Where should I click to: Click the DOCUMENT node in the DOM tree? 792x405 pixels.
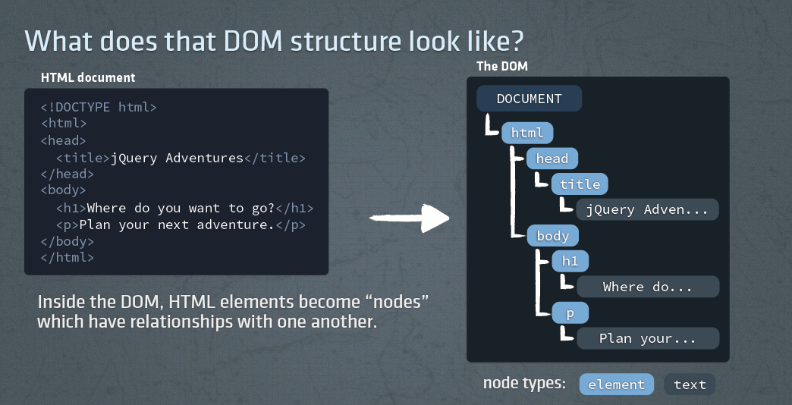(x=529, y=99)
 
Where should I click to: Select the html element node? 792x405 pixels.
(x=527, y=133)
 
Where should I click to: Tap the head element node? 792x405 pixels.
(x=552, y=159)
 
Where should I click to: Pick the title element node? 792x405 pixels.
(x=580, y=184)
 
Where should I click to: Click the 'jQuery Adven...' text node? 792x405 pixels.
(x=647, y=209)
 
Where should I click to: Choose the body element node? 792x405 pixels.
(x=552, y=236)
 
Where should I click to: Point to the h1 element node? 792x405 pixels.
(x=570, y=261)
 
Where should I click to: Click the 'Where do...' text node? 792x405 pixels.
(x=647, y=287)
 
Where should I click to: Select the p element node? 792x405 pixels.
(x=570, y=312)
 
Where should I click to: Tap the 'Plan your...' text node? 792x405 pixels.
(x=647, y=338)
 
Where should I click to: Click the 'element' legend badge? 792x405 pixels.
(x=616, y=385)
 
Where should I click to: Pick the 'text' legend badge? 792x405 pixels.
(x=690, y=385)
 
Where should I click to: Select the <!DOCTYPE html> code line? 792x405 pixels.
(x=99, y=107)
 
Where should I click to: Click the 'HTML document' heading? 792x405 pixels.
(x=88, y=77)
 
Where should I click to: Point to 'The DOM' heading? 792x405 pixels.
(x=501, y=66)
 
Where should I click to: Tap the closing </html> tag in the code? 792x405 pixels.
(x=68, y=257)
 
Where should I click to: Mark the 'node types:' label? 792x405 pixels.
(x=524, y=383)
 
